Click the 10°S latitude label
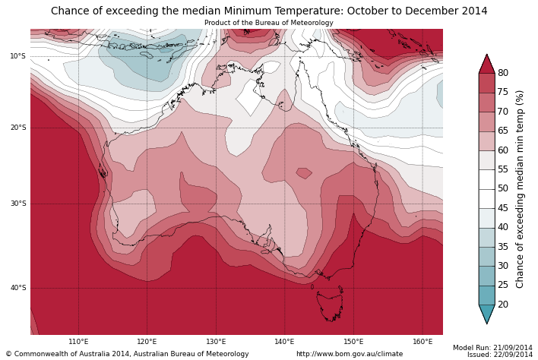[x=17, y=56]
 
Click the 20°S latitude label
[x=17, y=128]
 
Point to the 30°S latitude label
[x=17, y=204]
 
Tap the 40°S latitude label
[x=17, y=288]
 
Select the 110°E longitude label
[x=78, y=342]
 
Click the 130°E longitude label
[x=216, y=342]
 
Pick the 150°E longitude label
[x=353, y=342]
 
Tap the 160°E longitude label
[x=422, y=342]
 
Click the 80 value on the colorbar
[x=502, y=73]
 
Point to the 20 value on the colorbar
[x=502, y=305]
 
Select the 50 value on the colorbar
[x=502, y=188]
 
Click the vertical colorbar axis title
[x=521, y=188]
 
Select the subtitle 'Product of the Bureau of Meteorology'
[x=268, y=23]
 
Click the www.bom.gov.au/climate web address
[x=350, y=354]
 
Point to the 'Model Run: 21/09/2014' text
[x=492, y=347]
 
